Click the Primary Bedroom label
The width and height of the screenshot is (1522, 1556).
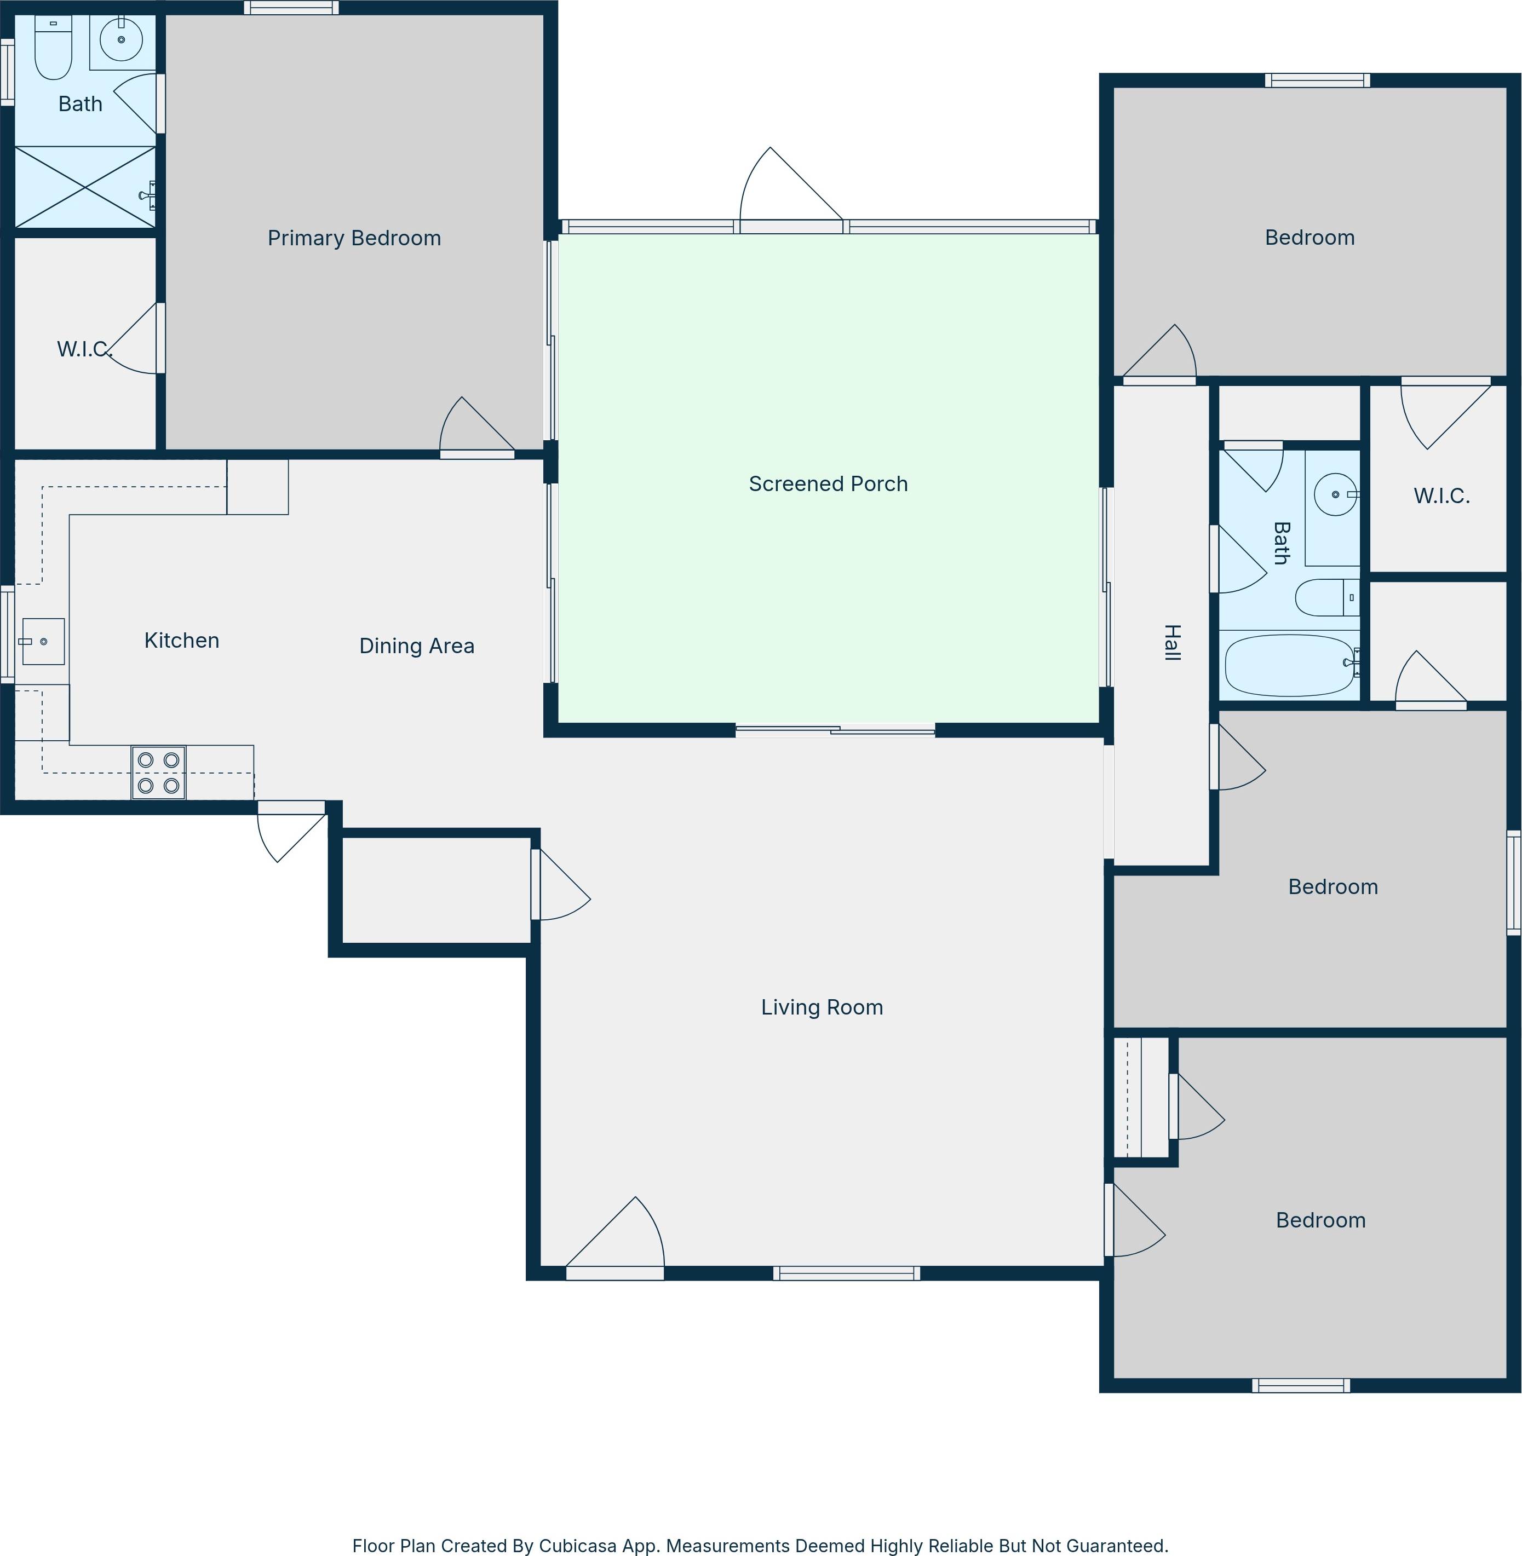pos(354,238)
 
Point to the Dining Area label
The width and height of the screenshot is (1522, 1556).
pos(416,646)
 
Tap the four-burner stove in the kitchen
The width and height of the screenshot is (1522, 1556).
pos(158,773)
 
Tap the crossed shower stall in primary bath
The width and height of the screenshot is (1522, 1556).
pos(85,187)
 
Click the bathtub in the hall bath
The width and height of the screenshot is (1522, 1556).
pos(1289,665)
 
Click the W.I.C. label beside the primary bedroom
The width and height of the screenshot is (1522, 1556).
pos(83,349)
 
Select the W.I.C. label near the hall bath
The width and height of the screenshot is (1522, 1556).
pos(1441,496)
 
